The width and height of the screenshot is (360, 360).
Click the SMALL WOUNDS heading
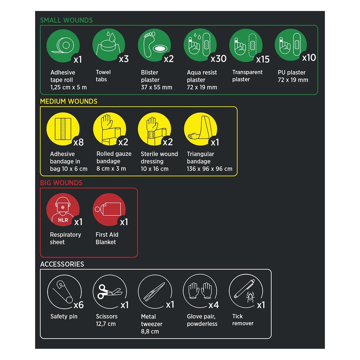(66, 20)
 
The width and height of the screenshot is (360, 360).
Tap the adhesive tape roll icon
(63, 46)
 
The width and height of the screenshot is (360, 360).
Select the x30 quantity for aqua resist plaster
(218, 59)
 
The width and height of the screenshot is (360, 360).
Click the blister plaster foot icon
(154, 45)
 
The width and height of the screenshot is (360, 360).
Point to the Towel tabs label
(103, 76)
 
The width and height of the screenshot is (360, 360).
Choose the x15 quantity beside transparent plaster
(263, 59)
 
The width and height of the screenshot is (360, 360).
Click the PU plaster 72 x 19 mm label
(293, 76)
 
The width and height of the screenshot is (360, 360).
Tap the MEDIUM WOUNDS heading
(69, 102)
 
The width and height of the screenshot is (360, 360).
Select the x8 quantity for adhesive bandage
(78, 142)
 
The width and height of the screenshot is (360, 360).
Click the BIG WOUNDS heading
(61, 183)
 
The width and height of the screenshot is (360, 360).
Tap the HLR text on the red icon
(63, 220)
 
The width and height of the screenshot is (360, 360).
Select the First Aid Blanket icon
(109, 209)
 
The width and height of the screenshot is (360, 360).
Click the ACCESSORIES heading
(62, 264)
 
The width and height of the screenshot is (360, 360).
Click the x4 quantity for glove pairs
(213, 305)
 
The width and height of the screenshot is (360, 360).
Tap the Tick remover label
(243, 320)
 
